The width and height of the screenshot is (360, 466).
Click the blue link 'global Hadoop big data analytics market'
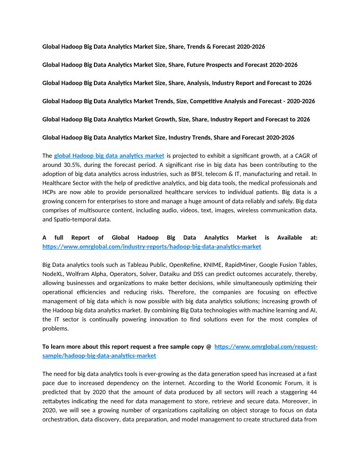tap(109, 156)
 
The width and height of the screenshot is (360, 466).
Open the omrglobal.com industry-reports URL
tap(152, 247)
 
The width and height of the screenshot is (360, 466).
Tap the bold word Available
tap(290, 237)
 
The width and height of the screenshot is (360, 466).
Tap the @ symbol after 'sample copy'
tap(209, 347)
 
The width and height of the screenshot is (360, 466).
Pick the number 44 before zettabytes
tap(313, 392)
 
